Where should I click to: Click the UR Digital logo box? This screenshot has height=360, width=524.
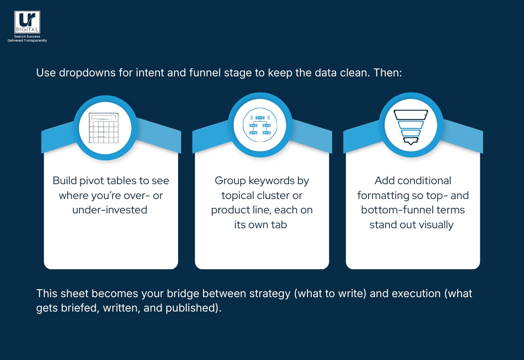[27, 22]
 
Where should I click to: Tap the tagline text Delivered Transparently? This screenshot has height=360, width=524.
[27, 41]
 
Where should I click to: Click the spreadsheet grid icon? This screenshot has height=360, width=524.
[103, 128]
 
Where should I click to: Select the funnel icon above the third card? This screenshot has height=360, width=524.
[410, 127]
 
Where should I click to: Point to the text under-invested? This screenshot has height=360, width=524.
[110, 210]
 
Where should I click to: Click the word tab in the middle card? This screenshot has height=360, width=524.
[280, 225]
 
